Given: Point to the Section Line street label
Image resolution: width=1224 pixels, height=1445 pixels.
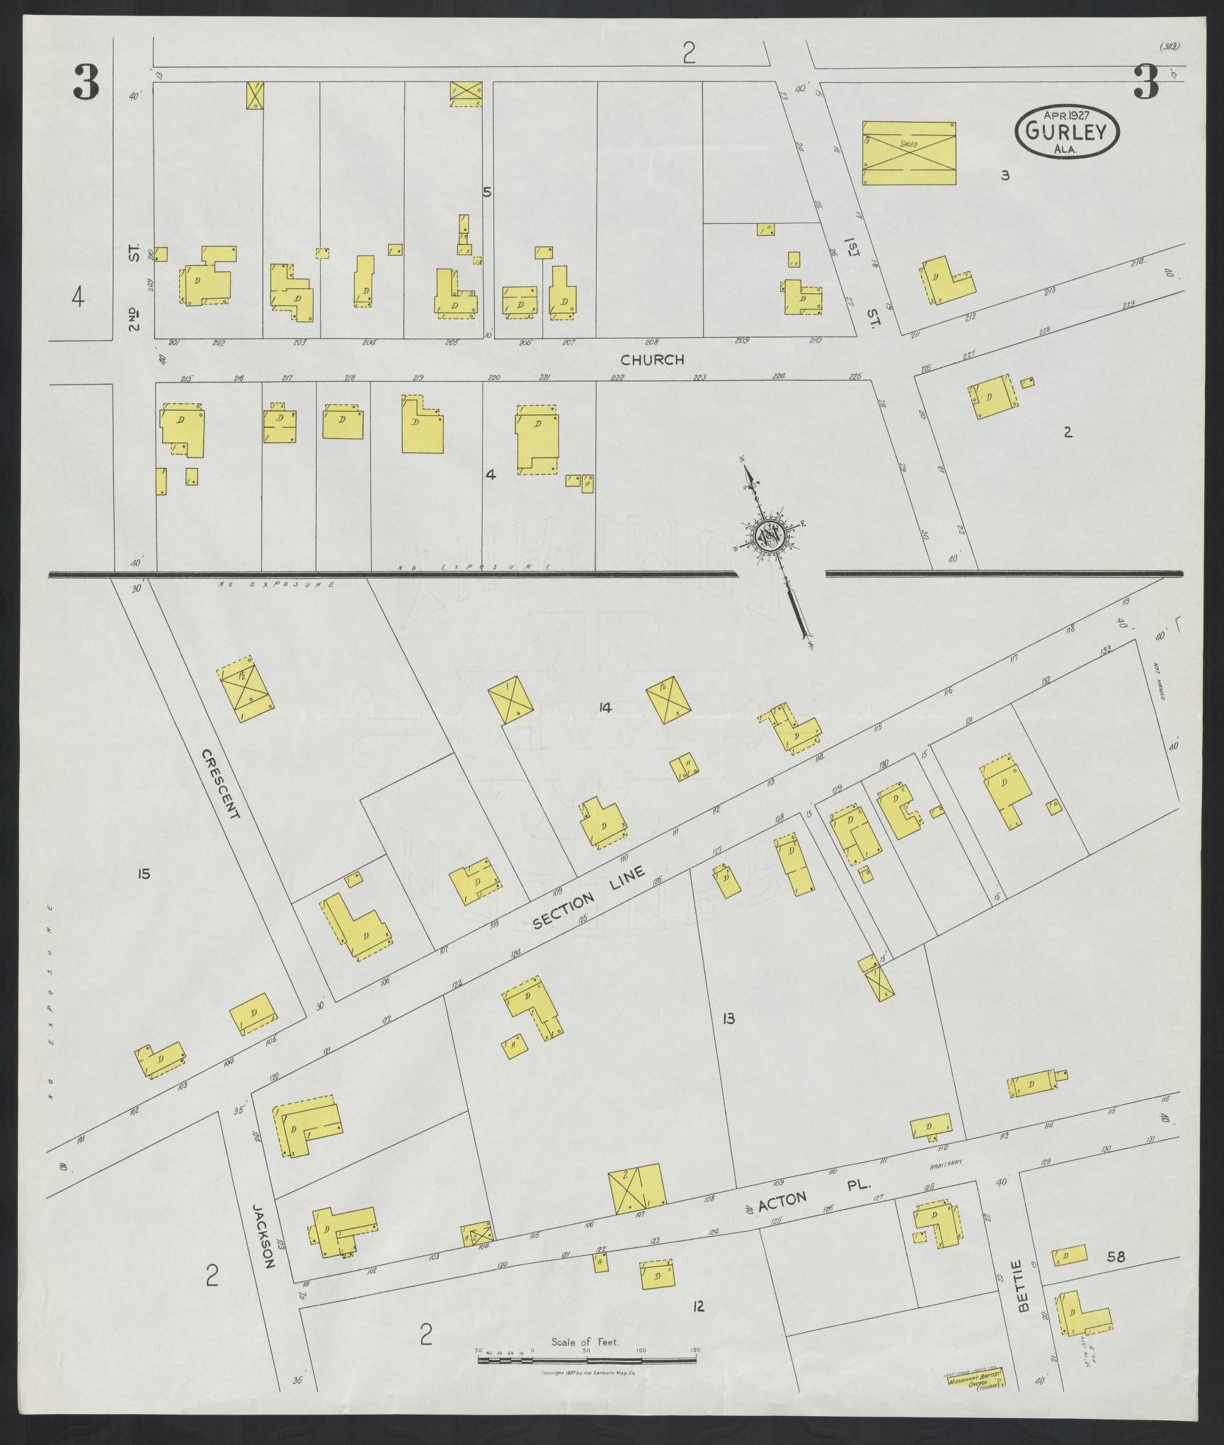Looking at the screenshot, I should tap(590, 898).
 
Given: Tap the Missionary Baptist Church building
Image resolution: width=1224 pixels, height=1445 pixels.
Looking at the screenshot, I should tap(973, 1378).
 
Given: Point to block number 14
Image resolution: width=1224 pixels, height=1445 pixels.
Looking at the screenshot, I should tap(604, 707).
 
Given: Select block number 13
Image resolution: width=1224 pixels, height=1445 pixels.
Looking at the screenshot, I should tap(728, 1019).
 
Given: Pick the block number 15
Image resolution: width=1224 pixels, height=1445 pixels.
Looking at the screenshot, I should tap(144, 874).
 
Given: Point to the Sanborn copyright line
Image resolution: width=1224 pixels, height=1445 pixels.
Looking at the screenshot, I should tap(589, 1373).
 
